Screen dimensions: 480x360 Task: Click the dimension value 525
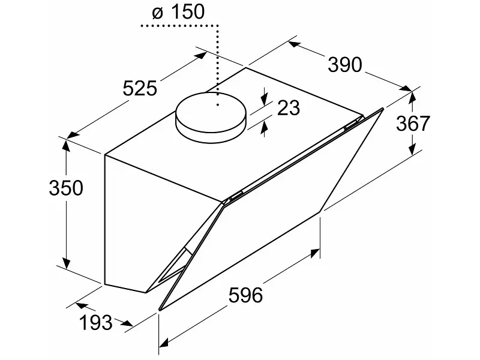click(x=140, y=89)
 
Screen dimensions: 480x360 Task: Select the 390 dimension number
click(x=344, y=65)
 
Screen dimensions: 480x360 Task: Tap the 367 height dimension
click(x=413, y=124)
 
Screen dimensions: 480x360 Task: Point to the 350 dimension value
click(x=66, y=188)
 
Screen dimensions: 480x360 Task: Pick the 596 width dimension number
click(x=246, y=295)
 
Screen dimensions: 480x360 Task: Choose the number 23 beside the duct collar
click(x=289, y=108)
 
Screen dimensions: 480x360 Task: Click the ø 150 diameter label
click(x=178, y=12)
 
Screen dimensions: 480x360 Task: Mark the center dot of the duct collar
click(x=218, y=105)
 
